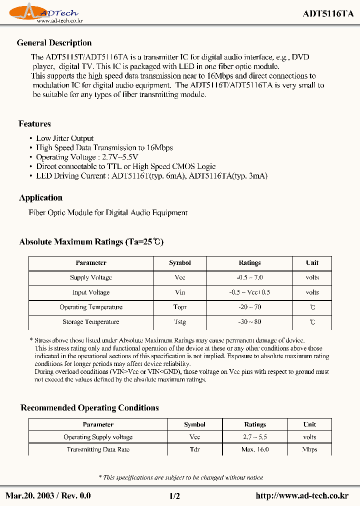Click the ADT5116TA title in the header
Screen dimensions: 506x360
328,14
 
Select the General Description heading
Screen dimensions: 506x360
54,43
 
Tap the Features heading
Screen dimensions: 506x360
34,123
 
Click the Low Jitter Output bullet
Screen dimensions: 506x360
65,138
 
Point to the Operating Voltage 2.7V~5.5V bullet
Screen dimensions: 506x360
80,157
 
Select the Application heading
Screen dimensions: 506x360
40,197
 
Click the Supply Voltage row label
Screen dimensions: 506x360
91,277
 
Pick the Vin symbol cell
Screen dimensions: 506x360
180,292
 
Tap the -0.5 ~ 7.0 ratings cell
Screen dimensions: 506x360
249,277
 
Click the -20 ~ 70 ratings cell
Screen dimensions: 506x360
249,307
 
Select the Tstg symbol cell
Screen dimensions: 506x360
180,322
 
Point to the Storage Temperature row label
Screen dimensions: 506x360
91,322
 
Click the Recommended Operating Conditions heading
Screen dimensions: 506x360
89,407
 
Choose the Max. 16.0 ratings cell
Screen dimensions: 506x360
255,449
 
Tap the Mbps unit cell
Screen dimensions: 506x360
309,449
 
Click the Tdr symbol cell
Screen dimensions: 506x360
194,449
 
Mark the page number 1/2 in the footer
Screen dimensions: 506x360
174,495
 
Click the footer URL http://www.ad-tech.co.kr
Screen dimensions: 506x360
301,495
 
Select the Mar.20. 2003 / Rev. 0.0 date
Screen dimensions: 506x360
48,495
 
